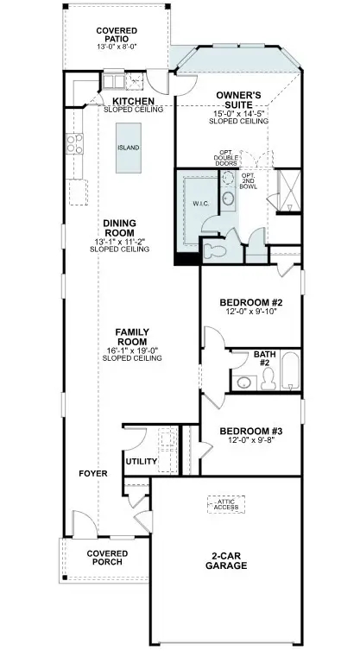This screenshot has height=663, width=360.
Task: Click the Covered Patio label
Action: pos(116,35)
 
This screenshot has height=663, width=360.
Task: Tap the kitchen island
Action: pos(128,148)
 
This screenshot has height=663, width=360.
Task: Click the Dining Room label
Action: pos(119,228)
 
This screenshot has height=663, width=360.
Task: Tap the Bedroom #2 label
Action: pos(251,303)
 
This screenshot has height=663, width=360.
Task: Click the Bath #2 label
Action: pos(264,358)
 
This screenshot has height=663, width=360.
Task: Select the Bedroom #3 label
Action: pos(251,431)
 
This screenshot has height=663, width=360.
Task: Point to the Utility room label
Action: pos(142,462)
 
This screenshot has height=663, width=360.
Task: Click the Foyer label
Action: pos(93,474)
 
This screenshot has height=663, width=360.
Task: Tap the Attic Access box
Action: pos(226,503)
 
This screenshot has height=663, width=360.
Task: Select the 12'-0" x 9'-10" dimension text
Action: pos(251,314)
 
